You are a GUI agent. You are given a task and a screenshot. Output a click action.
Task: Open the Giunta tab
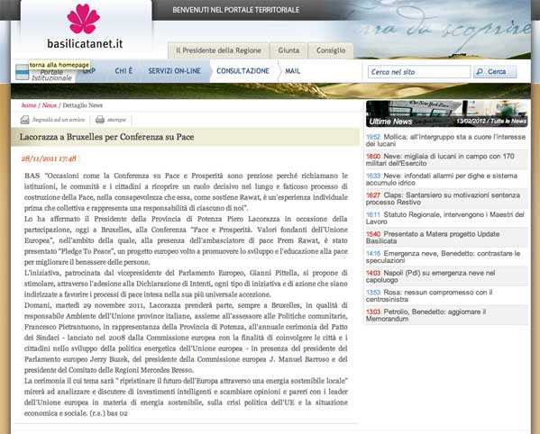(288, 50)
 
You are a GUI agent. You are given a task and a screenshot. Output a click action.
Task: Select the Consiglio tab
(330, 50)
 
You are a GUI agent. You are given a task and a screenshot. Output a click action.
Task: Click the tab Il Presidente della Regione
(218, 50)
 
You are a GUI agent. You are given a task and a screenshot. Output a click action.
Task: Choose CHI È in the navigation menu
(124, 71)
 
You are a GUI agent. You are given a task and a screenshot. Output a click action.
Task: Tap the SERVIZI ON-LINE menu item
(172, 71)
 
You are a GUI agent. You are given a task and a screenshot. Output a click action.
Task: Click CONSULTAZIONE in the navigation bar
(243, 71)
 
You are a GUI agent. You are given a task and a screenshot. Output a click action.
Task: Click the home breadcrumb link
(29, 105)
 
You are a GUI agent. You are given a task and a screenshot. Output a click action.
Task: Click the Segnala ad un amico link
(58, 120)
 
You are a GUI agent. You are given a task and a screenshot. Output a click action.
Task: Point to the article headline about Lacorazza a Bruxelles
(107, 137)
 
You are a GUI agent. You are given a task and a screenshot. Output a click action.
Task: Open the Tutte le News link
(509, 121)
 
